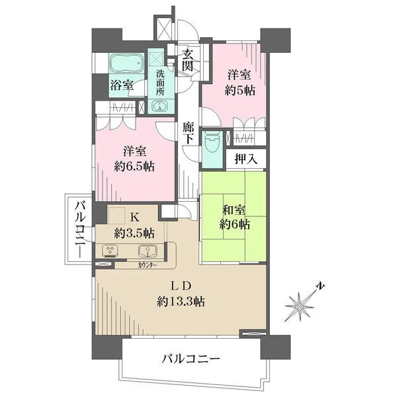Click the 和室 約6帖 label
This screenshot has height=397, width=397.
236,218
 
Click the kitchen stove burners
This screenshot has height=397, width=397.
109,251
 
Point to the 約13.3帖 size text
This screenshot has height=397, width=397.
181,302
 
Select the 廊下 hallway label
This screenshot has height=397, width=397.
188,134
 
